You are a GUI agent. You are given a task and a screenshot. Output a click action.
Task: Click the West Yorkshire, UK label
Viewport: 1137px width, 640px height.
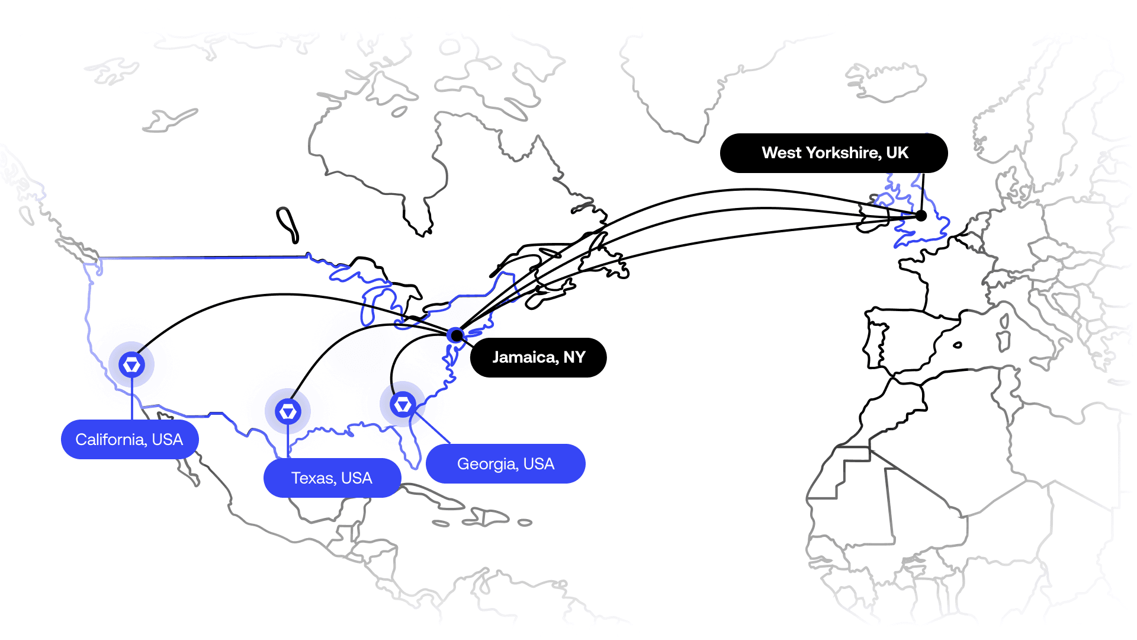(x=834, y=153)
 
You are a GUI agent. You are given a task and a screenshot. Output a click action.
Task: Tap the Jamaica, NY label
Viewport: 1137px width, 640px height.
(x=538, y=357)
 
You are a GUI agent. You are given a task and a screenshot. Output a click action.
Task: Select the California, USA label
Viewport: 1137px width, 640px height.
(x=130, y=439)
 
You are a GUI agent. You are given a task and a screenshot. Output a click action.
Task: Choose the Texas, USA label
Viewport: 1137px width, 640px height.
(x=332, y=478)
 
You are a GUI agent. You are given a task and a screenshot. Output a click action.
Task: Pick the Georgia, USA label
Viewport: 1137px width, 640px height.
(x=506, y=463)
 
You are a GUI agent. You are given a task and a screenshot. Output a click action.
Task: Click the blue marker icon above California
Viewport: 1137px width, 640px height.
(x=131, y=364)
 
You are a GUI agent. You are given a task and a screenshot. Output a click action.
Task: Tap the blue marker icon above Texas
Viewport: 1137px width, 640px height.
(x=288, y=411)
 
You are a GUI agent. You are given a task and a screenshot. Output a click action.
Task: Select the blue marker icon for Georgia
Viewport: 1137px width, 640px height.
(x=403, y=405)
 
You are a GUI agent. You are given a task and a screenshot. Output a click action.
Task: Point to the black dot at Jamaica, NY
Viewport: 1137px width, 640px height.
(x=456, y=335)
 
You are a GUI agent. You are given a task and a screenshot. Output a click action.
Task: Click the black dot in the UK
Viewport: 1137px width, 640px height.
(x=921, y=216)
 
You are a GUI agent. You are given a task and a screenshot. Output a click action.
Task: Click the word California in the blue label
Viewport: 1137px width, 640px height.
(x=111, y=439)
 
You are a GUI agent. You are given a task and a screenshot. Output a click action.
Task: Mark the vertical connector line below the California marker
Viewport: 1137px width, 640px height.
(x=131, y=399)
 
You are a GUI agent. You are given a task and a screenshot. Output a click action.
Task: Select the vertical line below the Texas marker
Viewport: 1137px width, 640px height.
(x=288, y=441)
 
